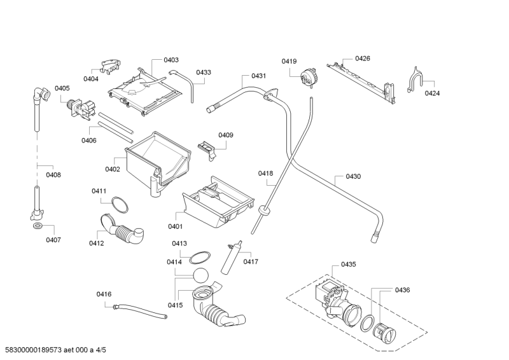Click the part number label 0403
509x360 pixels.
coord(171,60)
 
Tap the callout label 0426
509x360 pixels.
coord(363,59)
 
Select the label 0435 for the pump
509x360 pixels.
coord(348,264)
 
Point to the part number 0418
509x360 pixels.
coord(265,174)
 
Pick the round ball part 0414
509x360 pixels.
coord(200,277)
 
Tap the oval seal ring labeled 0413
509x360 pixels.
coord(200,256)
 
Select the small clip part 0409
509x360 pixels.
coord(208,148)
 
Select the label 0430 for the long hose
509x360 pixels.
coord(353,176)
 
